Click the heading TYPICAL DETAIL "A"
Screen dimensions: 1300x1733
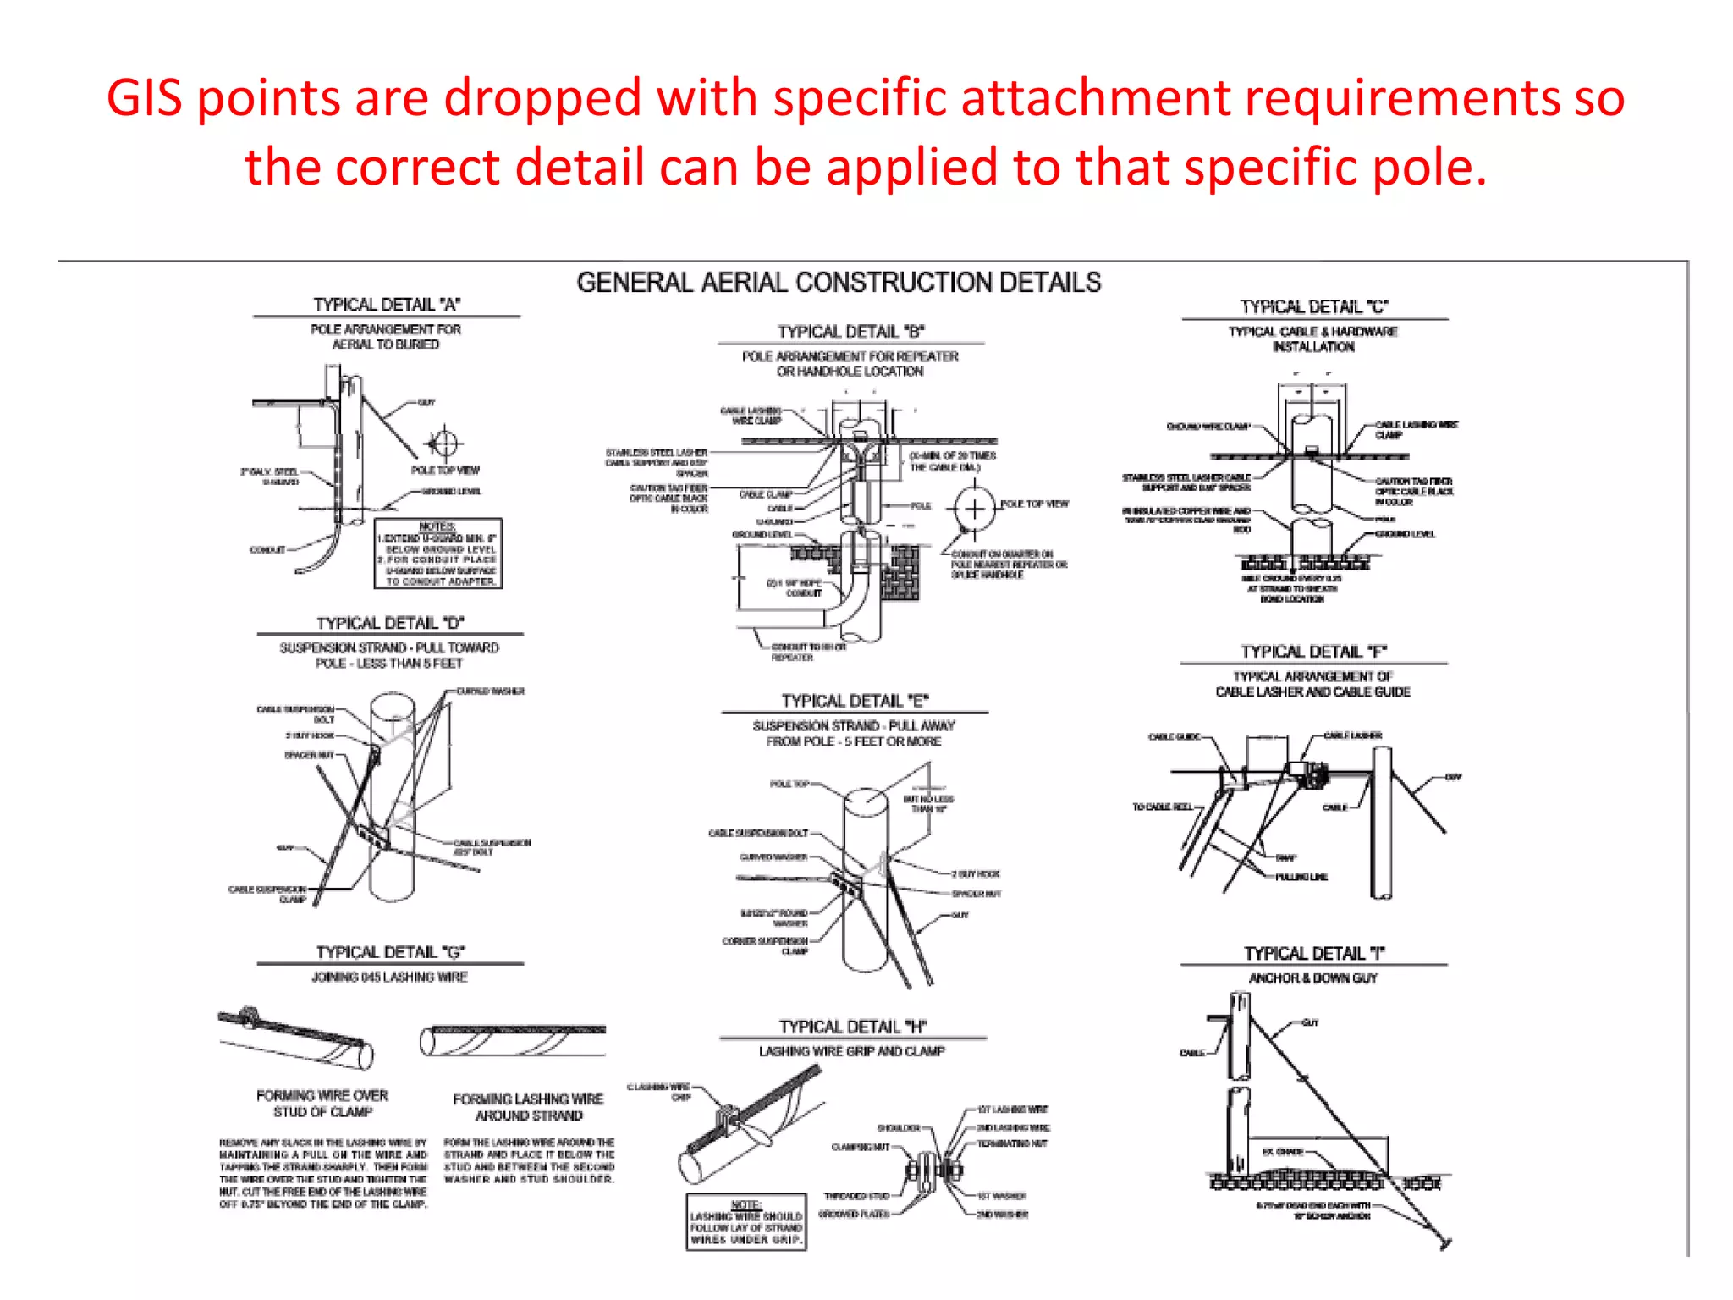coord(387,305)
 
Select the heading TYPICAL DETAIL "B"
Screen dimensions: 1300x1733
coord(851,332)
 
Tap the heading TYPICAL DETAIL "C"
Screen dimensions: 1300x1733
coord(1314,306)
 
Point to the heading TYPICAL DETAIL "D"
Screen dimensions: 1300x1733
coord(390,623)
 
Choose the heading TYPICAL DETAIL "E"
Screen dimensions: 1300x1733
coord(855,701)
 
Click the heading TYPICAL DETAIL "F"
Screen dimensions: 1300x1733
coord(1314,652)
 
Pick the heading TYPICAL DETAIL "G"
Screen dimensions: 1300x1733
coord(390,952)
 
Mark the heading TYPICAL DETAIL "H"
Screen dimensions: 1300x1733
coord(853,1027)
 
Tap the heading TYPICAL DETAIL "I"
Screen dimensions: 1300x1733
coord(1314,954)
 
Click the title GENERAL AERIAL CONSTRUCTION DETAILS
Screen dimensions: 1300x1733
coord(839,283)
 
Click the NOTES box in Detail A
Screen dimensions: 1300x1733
coord(438,554)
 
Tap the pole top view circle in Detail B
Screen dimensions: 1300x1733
coord(975,509)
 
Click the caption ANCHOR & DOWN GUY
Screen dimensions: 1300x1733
coord(1313,978)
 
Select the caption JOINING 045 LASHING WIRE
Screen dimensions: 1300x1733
coord(389,978)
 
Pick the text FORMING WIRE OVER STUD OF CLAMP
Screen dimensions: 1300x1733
coord(322,1104)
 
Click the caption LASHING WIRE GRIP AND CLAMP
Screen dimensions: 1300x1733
coord(851,1051)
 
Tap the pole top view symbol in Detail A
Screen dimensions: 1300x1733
coord(443,443)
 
